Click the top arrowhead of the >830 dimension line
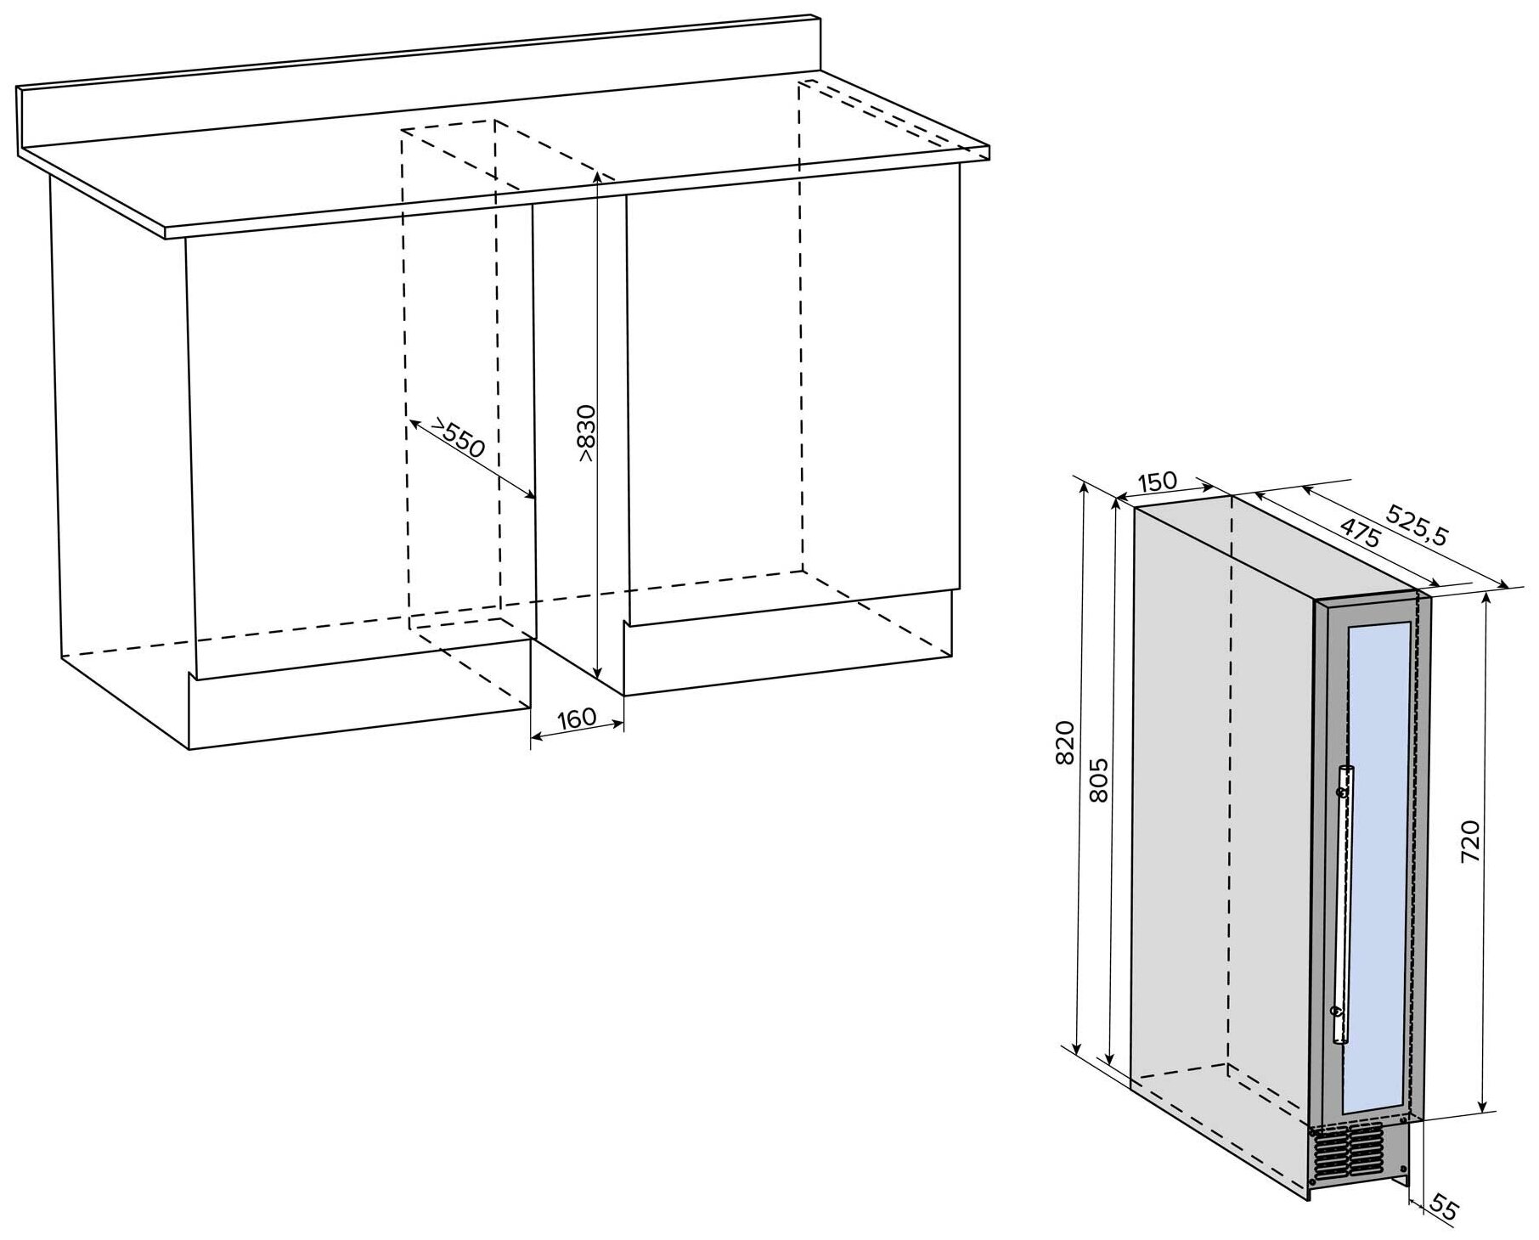click(599, 177)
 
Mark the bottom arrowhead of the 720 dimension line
click(1484, 1107)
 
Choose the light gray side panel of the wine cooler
click(1223, 807)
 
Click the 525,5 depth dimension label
click(1415, 524)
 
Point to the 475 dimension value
click(1359, 531)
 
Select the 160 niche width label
click(577, 719)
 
